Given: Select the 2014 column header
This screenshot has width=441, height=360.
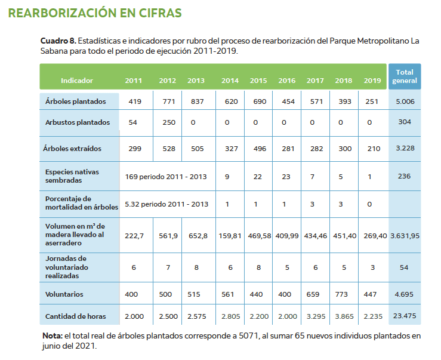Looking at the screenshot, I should pyautogui.click(x=230, y=81).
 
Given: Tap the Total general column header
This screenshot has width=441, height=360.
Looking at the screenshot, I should pyautogui.click(x=405, y=76).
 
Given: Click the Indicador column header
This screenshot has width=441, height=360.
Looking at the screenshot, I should pyautogui.click(x=77, y=81).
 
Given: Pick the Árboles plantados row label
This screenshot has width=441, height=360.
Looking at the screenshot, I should pyautogui.click(x=76, y=101).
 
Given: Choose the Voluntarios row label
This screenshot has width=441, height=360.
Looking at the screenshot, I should pyautogui.click(x=64, y=294).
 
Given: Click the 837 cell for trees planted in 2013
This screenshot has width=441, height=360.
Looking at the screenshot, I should pyautogui.click(x=196, y=101).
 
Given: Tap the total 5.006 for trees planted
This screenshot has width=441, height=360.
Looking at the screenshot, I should pyautogui.click(x=405, y=101).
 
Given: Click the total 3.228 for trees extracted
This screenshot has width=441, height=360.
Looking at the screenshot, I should pyautogui.click(x=405, y=148).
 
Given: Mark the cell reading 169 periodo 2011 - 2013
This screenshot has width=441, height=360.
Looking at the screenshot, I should pyautogui.click(x=166, y=176).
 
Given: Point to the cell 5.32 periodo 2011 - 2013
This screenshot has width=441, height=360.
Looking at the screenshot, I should pyautogui.click(x=166, y=204).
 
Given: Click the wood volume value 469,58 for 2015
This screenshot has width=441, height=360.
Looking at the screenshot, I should pyautogui.click(x=258, y=235).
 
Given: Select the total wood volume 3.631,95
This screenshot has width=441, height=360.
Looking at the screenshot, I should pyautogui.click(x=405, y=235).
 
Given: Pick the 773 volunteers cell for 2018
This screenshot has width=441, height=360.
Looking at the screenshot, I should pyautogui.click(x=343, y=294).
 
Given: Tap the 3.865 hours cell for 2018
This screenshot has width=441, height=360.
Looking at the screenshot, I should pyautogui.click(x=343, y=315).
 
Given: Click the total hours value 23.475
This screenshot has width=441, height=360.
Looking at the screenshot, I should pyautogui.click(x=405, y=315).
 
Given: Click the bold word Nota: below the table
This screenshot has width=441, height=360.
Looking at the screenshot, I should pyautogui.click(x=53, y=336).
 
